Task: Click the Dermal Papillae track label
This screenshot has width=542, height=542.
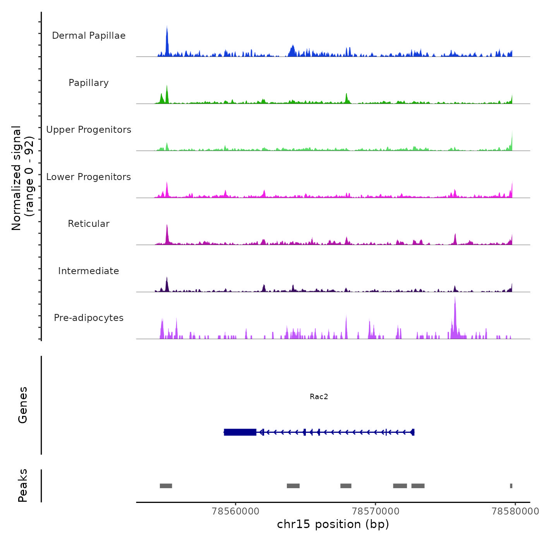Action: (89, 36)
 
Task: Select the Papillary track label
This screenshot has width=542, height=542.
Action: (89, 83)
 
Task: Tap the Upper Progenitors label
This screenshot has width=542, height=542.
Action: (89, 130)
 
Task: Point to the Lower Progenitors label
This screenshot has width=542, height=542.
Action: (89, 177)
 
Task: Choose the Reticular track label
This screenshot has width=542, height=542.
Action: (89, 224)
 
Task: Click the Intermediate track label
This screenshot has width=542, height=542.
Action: (89, 271)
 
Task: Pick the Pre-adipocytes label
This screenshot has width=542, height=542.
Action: (89, 318)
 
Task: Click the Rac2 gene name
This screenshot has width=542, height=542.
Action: (319, 396)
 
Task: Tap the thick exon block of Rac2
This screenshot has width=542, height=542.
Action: (240, 432)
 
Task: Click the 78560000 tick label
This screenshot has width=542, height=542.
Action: (235, 511)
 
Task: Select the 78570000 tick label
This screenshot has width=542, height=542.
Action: (376, 511)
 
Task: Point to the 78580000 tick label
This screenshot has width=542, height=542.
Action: (515, 511)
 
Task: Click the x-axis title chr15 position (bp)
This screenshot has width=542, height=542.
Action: (333, 524)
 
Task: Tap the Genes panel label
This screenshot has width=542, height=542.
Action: (23, 405)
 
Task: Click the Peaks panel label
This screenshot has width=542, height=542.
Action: (23, 485)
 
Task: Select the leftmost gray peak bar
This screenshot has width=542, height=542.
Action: (166, 486)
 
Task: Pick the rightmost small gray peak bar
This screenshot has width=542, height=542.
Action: (511, 486)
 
